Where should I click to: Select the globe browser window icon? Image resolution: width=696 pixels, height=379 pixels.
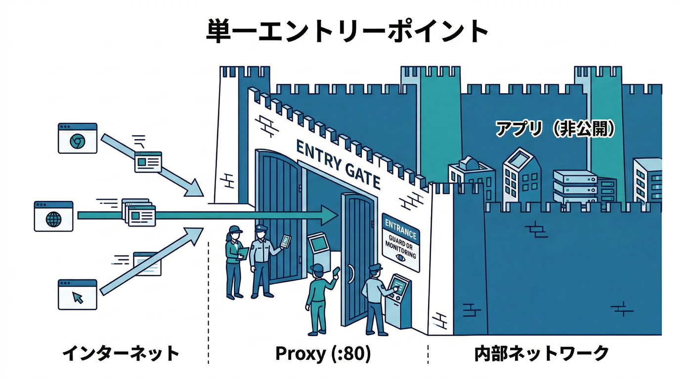click(x=53, y=216)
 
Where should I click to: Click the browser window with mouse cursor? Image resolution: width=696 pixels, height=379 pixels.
click(x=78, y=295)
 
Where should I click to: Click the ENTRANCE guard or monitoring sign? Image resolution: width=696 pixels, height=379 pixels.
click(x=401, y=242)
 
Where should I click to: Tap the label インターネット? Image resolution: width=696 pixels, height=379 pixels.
click(x=121, y=353)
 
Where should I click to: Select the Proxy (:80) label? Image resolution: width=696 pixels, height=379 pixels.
click(x=323, y=353)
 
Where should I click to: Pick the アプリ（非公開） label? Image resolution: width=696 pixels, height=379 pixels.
click(x=555, y=129)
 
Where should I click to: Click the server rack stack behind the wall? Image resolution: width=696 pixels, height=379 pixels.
click(x=576, y=187)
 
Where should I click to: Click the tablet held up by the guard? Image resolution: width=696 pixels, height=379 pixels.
click(x=285, y=241)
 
